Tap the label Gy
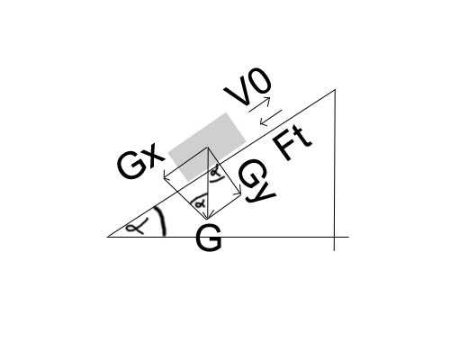point(256,182)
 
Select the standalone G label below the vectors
point(209,238)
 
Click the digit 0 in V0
point(259,81)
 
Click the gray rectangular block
point(207,147)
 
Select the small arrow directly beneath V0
point(259,104)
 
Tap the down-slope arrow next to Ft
point(271,118)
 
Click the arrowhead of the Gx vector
point(165,178)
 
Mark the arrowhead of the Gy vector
point(239,193)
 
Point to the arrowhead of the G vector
point(207,218)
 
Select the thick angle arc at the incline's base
point(162,220)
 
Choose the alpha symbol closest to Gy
point(216,172)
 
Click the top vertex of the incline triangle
point(335,89)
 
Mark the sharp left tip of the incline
point(108,237)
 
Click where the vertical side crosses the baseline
point(335,237)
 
